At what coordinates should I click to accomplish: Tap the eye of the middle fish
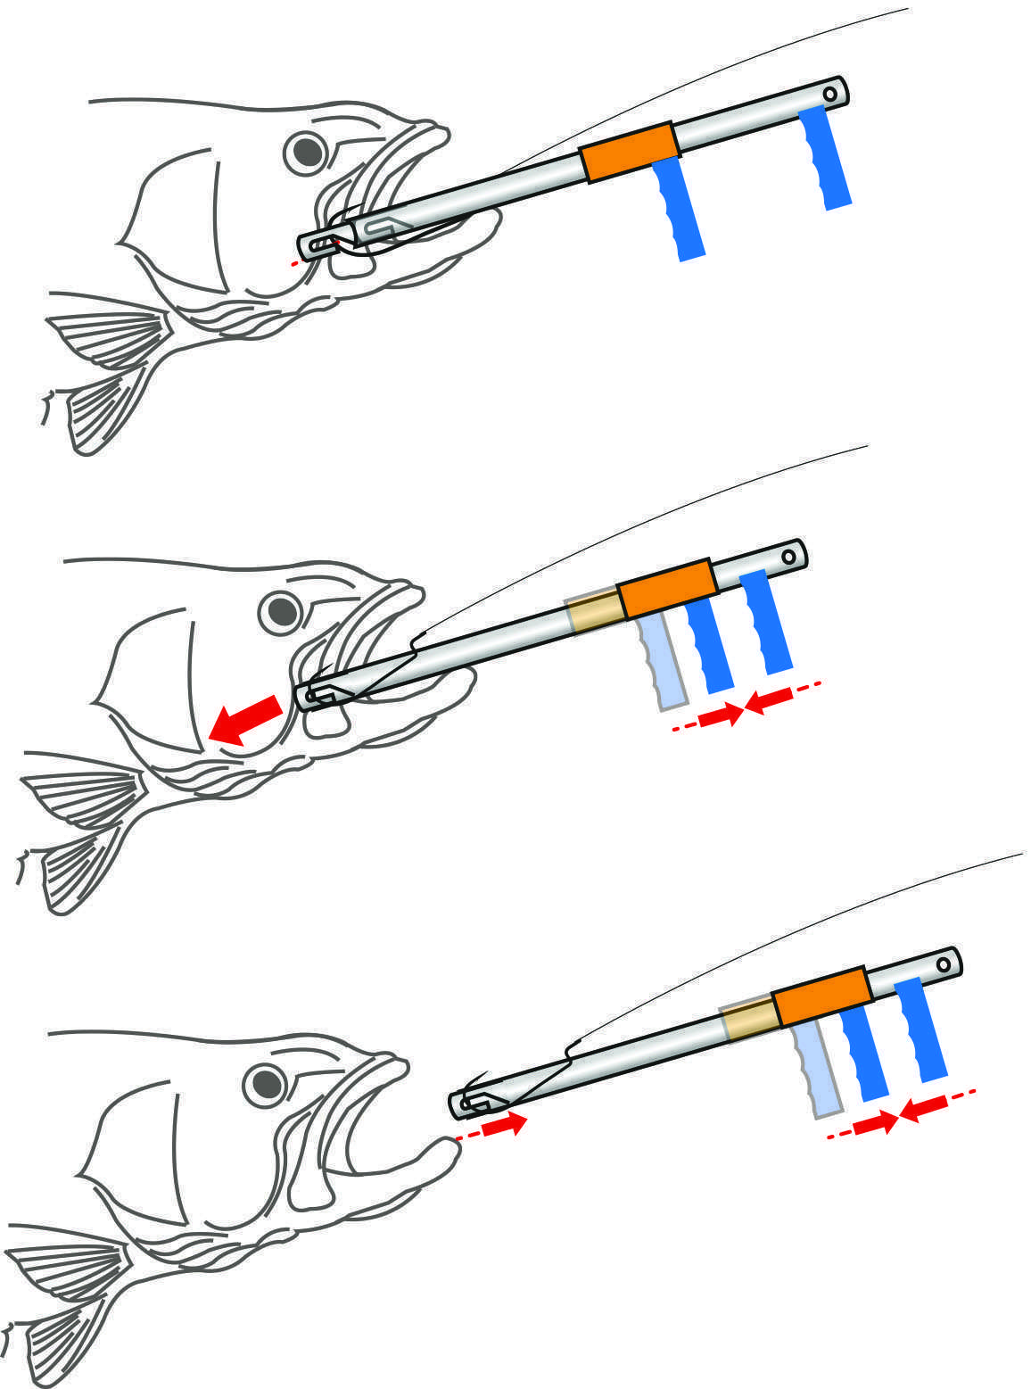282,611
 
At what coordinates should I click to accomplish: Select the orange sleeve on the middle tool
667,587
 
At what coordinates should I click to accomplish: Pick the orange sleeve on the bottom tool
821,996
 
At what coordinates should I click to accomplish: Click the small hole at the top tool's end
829,93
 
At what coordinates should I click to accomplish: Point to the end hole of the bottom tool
943,964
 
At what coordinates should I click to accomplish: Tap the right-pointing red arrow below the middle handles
721,715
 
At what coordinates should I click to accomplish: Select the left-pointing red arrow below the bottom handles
924,1106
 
